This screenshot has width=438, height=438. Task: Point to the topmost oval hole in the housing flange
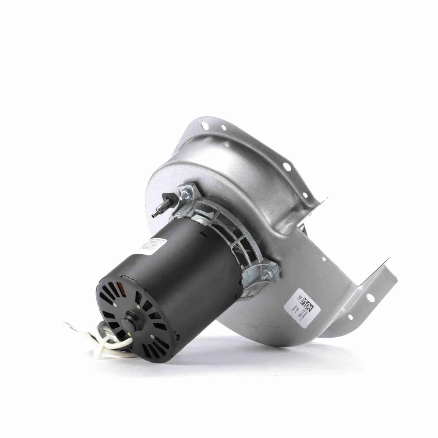coord(205,126)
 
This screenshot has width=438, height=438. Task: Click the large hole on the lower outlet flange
coord(370,298)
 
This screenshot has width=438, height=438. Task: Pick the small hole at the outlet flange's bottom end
coord(350,316)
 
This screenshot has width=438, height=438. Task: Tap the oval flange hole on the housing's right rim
coord(287,166)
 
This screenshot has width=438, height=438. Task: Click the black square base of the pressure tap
coord(167,197)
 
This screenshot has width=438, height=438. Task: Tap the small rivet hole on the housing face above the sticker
coord(323,259)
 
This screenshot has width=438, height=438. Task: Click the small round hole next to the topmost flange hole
coord(223,128)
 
